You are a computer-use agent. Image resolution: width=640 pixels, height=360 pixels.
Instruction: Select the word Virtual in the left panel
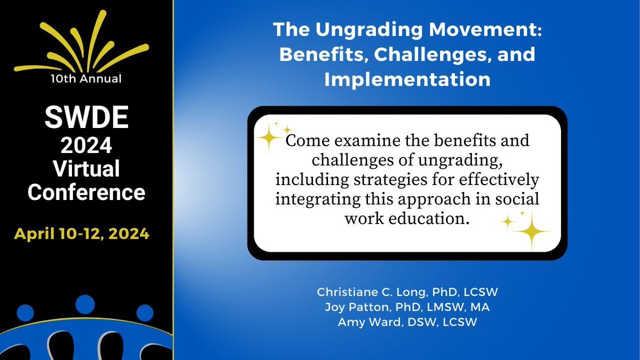[x=86, y=169]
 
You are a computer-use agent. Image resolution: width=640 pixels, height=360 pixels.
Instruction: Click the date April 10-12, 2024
[x=82, y=233]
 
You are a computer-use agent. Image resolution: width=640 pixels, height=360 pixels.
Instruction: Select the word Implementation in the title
[x=407, y=79]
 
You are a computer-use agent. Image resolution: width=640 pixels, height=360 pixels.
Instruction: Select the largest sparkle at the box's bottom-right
[x=531, y=231]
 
